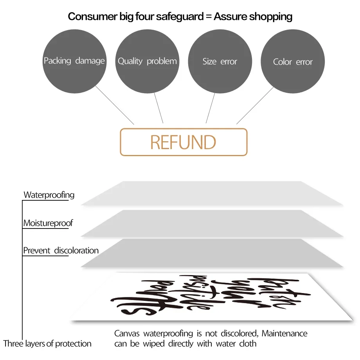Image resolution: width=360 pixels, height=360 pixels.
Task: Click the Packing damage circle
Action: (74, 61)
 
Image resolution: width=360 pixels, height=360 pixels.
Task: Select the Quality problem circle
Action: (147, 61)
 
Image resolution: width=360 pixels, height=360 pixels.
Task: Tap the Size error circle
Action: (220, 61)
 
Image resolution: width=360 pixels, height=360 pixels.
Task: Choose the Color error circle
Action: (293, 62)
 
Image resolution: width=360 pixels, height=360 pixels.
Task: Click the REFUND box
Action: (184, 142)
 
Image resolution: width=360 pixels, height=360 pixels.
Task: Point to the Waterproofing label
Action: (49, 195)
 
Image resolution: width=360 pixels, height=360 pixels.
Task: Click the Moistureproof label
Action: (48, 223)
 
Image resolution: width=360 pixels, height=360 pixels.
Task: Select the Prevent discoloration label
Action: (61, 250)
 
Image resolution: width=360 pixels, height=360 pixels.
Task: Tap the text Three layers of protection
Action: (47, 344)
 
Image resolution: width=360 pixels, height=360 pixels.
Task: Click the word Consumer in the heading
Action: (87, 16)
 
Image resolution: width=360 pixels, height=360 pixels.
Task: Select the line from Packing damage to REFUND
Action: (115, 105)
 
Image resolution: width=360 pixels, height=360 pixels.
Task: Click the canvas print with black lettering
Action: (211, 297)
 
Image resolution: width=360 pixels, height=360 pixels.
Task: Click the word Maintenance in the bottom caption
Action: (284, 334)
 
